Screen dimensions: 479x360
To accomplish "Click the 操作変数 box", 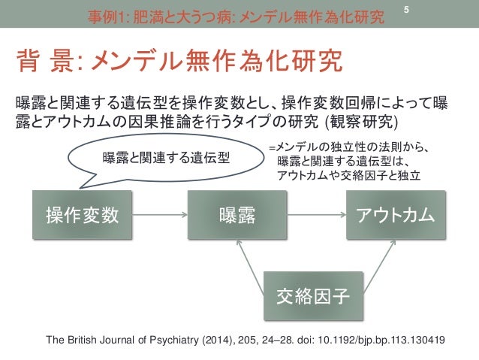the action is tap(83, 216).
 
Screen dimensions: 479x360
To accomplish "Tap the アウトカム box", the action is tap(395, 216).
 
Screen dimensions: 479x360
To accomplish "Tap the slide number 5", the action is tap(406, 9).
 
